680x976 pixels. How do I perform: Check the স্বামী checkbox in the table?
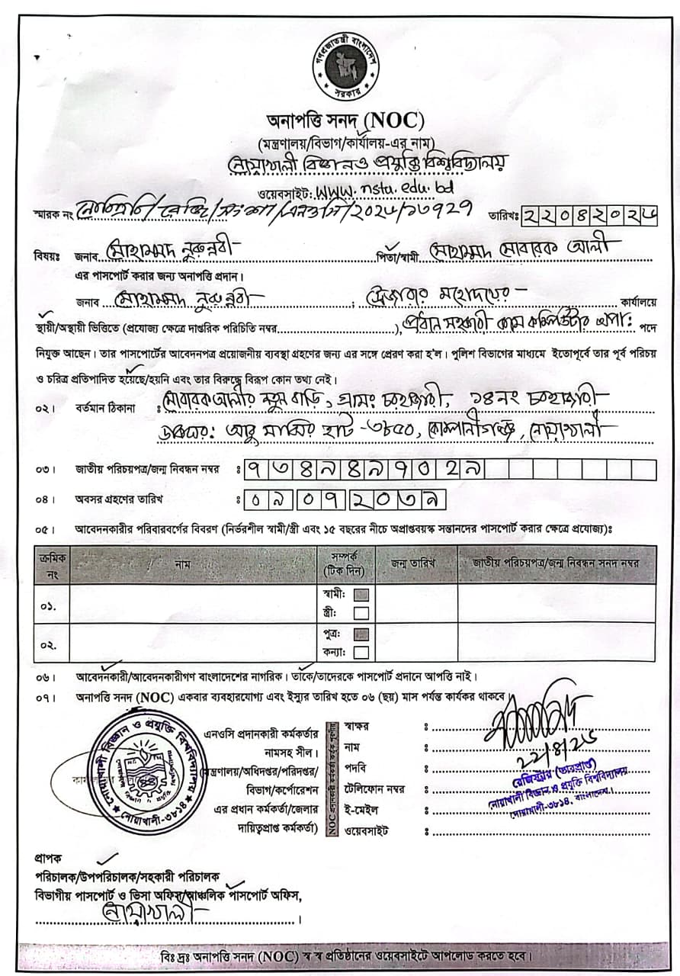pos(361,595)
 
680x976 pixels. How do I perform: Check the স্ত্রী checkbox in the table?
pos(361,612)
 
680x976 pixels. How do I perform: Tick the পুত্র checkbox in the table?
pos(361,634)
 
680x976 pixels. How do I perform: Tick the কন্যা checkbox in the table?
pos(361,652)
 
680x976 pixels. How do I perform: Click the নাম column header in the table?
pos(182,564)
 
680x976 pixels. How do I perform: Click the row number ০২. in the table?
pos(48,644)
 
